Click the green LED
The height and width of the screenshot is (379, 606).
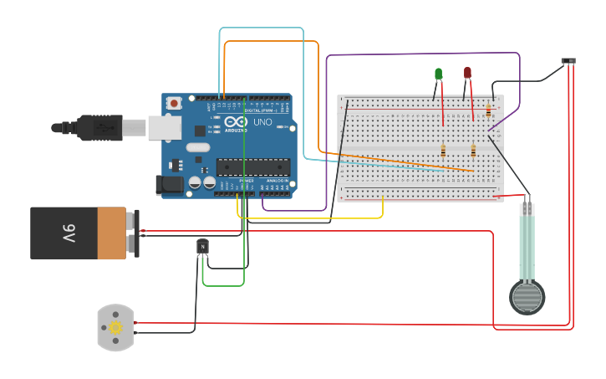pos(439,74)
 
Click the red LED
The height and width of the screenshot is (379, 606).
pos(467,73)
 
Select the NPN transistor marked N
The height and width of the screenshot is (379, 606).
pos(202,246)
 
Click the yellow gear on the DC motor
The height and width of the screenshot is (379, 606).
pos(115,328)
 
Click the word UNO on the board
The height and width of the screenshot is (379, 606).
pos(262,122)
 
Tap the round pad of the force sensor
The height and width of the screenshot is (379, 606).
pos(527,297)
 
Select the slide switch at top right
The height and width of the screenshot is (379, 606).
pos(568,61)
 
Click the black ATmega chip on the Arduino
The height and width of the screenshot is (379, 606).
pos(252,167)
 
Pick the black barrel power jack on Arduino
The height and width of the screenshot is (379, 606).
pos(171,185)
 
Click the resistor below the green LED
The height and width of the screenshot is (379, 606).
pos(443,151)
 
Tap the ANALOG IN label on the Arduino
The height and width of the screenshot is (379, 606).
pos(277,181)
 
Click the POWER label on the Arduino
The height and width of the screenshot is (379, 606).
pos(247,181)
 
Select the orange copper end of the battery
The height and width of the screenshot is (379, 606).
pos(112,233)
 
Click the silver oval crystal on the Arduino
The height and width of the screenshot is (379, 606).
pos(197,147)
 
